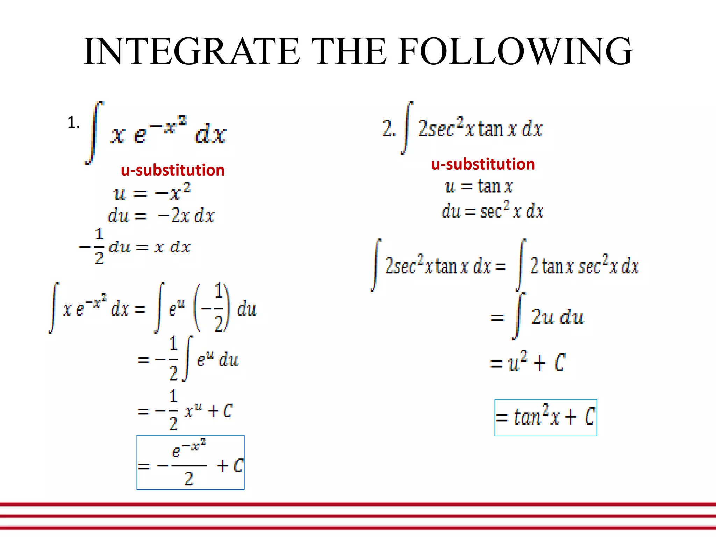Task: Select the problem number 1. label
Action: (x=73, y=123)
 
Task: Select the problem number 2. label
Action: (x=389, y=128)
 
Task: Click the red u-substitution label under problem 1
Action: (x=172, y=170)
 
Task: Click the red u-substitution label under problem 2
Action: (x=483, y=164)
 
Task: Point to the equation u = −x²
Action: (x=152, y=192)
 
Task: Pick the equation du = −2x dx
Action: (x=161, y=215)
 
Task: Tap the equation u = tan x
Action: (x=479, y=186)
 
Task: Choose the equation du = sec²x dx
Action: (x=492, y=211)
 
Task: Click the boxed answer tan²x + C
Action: (x=545, y=417)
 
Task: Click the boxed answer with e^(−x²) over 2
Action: (x=190, y=462)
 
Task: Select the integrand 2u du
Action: (x=557, y=317)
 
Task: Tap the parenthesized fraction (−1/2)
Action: (x=212, y=308)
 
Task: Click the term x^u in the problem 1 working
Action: (x=193, y=410)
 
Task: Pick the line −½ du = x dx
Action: (x=135, y=246)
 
